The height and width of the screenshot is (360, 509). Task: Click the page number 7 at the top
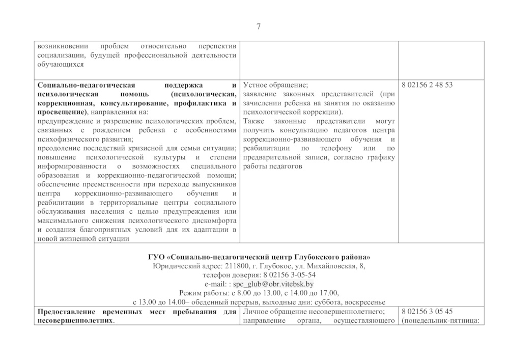[x=258, y=27]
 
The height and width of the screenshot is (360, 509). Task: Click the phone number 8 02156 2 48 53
[x=427, y=85]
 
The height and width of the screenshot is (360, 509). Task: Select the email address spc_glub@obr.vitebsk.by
[x=273, y=284]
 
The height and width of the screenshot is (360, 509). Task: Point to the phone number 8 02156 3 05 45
[x=427, y=311]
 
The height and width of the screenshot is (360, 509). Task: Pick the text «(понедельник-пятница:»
[x=440, y=320]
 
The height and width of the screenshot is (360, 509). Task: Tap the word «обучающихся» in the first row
[x=61, y=65]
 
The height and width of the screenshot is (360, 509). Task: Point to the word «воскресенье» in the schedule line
[x=365, y=302]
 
